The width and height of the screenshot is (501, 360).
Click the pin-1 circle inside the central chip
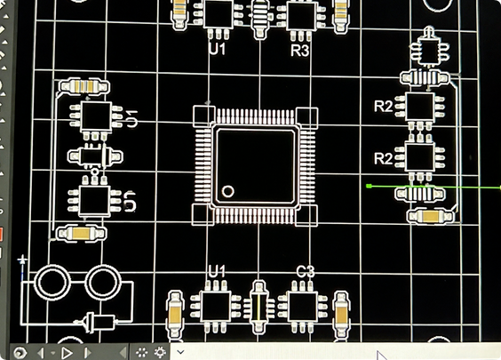pyautogui.click(x=227, y=191)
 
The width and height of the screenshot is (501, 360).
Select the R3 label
pyautogui.click(x=300, y=51)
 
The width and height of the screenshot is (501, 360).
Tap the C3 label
pyautogui.click(x=306, y=272)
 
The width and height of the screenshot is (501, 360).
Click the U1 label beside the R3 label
pyautogui.click(x=218, y=49)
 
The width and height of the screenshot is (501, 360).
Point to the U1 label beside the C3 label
pyautogui.click(x=217, y=271)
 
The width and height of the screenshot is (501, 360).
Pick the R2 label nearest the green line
pyautogui.click(x=384, y=158)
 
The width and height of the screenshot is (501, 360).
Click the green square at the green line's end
pyautogui.click(x=369, y=186)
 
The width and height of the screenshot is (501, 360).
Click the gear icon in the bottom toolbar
pyautogui.click(x=160, y=352)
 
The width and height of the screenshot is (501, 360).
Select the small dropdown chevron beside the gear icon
pyautogui.click(x=180, y=352)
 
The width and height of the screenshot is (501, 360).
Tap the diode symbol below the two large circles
pyautogui.click(x=95, y=322)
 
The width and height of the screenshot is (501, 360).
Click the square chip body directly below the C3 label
pyautogui.click(x=303, y=307)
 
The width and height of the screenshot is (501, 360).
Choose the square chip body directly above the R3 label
pyautogui.click(x=301, y=16)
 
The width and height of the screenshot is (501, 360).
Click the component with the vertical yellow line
pyautogui.click(x=259, y=308)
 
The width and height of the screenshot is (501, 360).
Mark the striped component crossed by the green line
pyautogui.click(x=420, y=194)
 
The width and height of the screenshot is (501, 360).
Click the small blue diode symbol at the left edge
pyautogui.click(x=22, y=260)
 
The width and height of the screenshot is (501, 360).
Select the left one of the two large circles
pyautogui.click(x=52, y=283)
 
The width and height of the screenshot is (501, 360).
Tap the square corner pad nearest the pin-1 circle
pyautogui.click(x=203, y=214)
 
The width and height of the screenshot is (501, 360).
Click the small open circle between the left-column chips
pyautogui.click(x=94, y=172)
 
